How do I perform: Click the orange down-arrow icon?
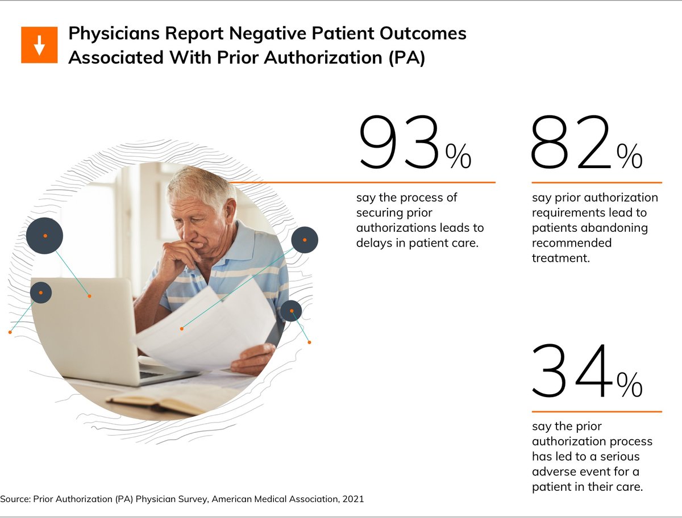(x=39, y=44)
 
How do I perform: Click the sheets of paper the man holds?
(x=205, y=329)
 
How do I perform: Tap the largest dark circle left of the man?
(x=44, y=235)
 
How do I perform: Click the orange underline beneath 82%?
(x=597, y=182)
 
